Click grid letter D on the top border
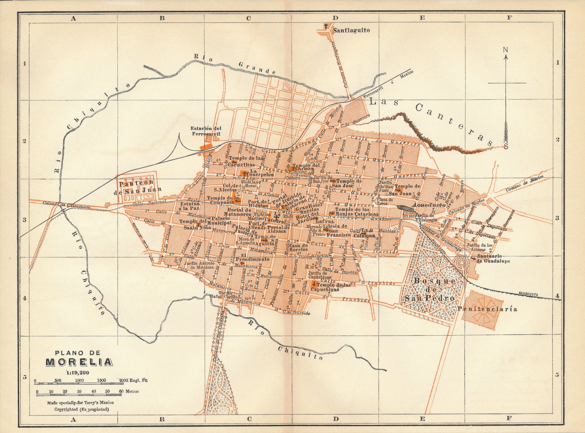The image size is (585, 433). [335, 18]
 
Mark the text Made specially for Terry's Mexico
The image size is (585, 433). [80, 403]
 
